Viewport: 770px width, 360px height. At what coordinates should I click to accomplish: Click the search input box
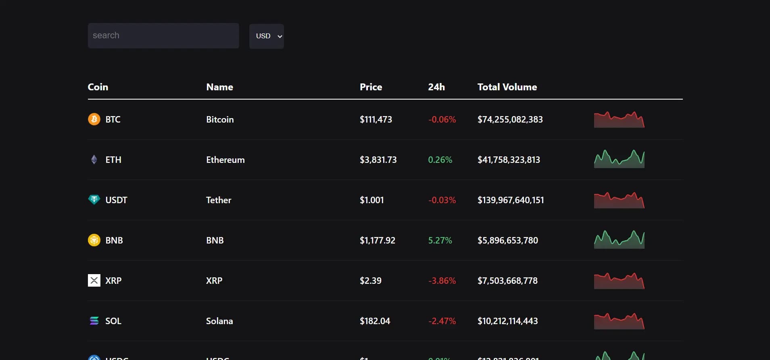(163, 35)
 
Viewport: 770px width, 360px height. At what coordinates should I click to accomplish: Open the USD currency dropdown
(267, 36)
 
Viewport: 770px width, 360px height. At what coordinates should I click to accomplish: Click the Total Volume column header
(507, 87)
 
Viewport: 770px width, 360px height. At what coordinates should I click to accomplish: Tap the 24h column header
(436, 87)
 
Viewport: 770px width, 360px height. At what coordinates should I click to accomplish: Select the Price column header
(371, 87)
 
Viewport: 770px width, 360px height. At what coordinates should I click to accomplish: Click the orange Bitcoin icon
(94, 119)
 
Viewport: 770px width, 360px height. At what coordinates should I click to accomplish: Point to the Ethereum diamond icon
(94, 160)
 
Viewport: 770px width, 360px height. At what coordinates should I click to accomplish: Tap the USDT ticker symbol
(116, 200)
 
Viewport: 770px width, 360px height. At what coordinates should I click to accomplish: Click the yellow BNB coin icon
(94, 240)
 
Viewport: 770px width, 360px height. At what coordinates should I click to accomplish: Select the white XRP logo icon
(94, 281)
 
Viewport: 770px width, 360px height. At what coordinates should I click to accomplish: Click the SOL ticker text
(113, 321)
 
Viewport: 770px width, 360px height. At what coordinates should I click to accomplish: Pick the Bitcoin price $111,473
(376, 119)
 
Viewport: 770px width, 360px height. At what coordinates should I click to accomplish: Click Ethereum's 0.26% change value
(440, 160)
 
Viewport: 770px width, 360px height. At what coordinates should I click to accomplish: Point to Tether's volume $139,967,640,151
(511, 200)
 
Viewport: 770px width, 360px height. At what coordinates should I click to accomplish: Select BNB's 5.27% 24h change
(440, 240)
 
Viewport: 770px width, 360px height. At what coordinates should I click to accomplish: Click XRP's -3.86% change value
(442, 281)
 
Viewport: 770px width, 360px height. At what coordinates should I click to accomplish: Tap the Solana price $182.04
(375, 321)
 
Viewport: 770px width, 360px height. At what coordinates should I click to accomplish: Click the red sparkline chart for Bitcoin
(619, 120)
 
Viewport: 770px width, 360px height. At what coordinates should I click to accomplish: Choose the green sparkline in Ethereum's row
(619, 160)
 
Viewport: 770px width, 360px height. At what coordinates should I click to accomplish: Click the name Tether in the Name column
(219, 200)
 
